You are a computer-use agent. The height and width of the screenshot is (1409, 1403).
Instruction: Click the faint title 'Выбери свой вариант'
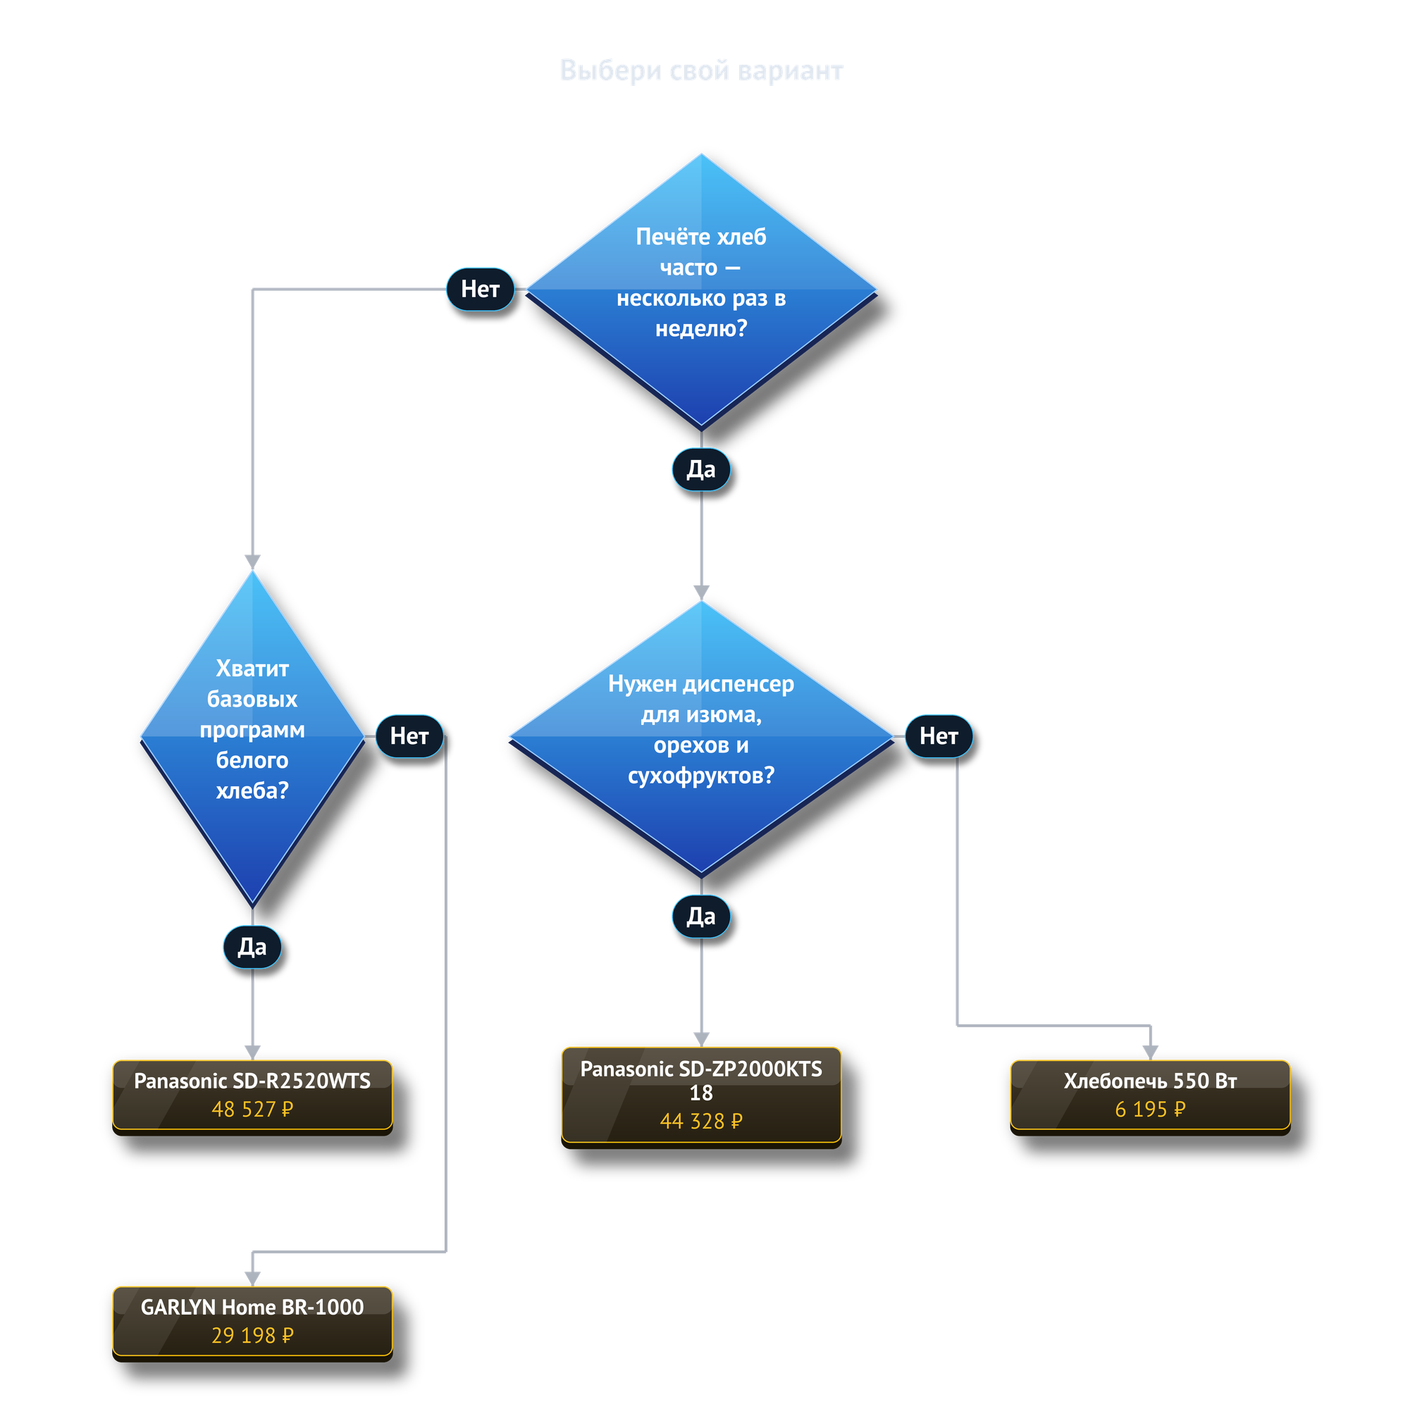[x=701, y=70]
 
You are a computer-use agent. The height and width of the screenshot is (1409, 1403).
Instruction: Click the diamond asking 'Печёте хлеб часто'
[x=701, y=290]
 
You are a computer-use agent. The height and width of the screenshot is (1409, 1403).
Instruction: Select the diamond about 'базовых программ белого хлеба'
[x=252, y=737]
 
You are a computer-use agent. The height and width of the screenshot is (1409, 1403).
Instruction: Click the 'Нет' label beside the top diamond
[x=480, y=290]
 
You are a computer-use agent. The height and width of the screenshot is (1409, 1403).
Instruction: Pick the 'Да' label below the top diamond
[x=701, y=470]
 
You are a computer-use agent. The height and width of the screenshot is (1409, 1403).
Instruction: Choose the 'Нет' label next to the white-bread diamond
[x=409, y=737]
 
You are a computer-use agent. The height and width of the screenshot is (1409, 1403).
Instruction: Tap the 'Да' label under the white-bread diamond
[x=252, y=947]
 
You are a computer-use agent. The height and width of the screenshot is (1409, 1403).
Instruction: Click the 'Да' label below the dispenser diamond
[x=701, y=917]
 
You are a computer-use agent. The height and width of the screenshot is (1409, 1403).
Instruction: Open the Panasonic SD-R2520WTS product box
[x=252, y=1095]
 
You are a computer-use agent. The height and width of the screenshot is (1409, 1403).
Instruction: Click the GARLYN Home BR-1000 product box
[x=252, y=1322]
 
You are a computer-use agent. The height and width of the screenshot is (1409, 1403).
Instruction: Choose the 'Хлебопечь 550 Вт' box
[x=1150, y=1095]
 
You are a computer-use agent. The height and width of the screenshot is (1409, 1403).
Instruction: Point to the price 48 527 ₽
[x=252, y=1110]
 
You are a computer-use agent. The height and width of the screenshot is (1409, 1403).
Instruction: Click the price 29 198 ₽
[x=252, y=1335]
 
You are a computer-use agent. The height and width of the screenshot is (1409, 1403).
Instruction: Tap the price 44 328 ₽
[x=701, y=1121]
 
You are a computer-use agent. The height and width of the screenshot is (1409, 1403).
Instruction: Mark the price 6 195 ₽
[x=1150, y=1110]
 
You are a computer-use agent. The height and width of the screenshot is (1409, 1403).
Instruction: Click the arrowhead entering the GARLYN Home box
[x=252, y=1279]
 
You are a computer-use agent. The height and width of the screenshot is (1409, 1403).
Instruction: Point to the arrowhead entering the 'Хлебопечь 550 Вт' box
[x=1150, y=1053]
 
